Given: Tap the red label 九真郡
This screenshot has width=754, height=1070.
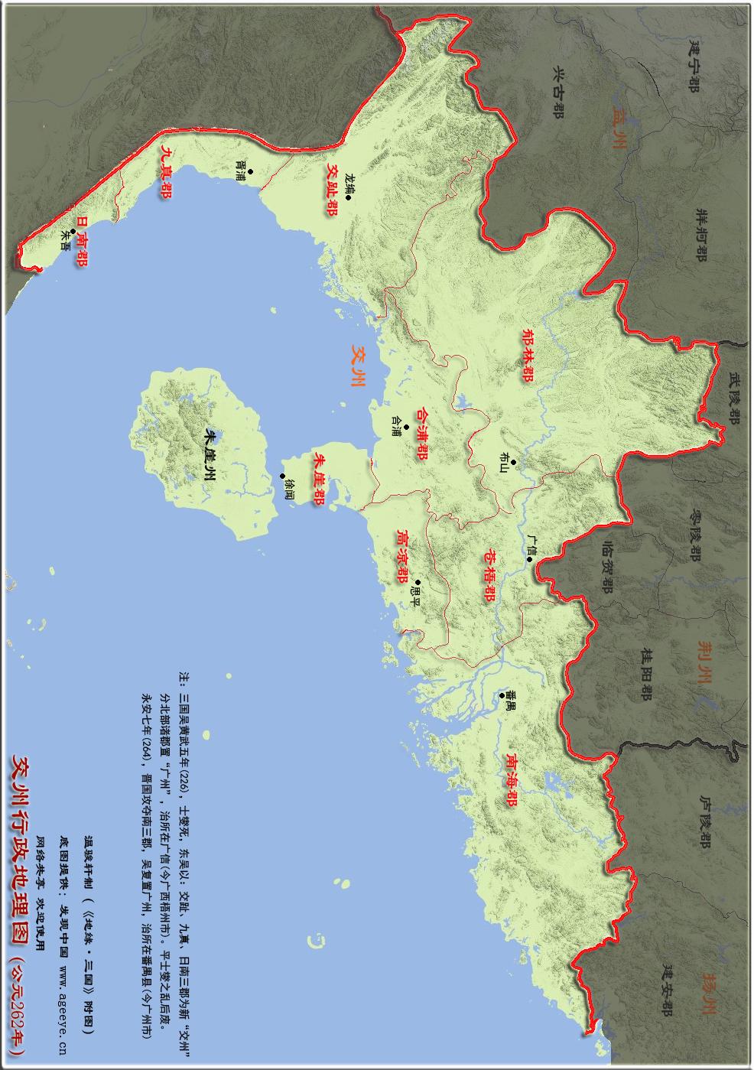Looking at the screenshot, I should tap(164, 172).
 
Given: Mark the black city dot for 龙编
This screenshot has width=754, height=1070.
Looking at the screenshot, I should tap(348, 198).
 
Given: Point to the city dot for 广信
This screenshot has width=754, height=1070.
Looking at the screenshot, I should tap(529, 559).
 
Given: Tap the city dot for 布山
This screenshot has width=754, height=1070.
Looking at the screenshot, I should tap(514, 462).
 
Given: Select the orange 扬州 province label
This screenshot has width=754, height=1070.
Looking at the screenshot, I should tap(708, 993).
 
